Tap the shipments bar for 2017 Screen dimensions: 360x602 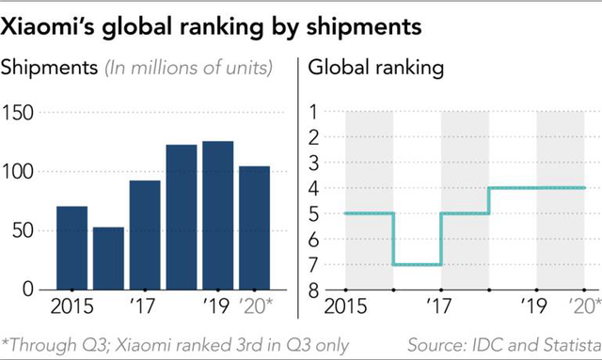point(144,235)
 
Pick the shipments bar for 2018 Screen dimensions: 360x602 point(181,217)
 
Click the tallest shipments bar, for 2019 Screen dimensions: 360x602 point(217,215)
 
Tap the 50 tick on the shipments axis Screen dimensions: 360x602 point(25,230)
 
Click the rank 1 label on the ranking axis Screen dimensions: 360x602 point(314,113)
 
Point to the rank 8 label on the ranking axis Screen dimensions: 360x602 point(314,290)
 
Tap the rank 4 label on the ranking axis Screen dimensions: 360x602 point(314,188)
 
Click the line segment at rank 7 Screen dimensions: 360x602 point(417,264)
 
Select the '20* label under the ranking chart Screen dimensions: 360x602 point(584,307)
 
